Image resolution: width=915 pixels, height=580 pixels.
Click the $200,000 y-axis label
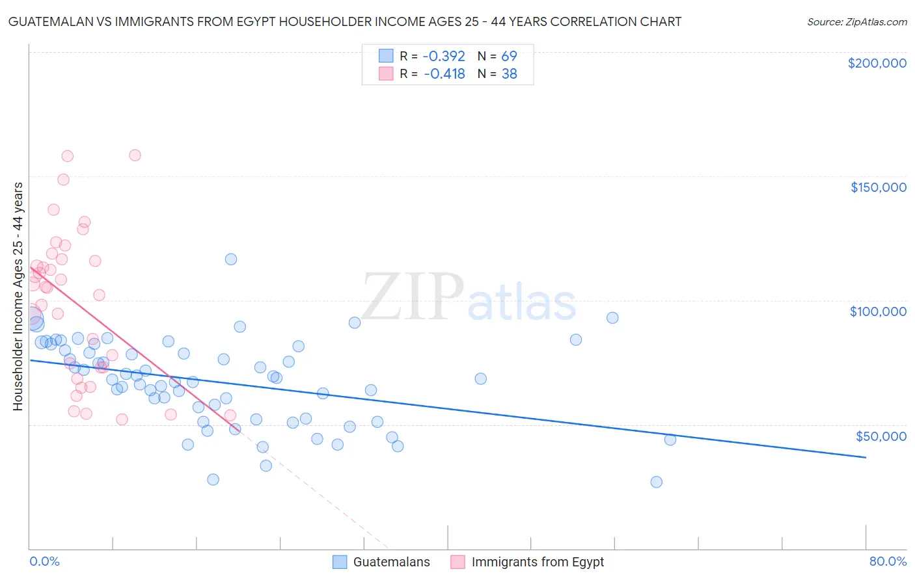pyautogui.click(x=877, y=63)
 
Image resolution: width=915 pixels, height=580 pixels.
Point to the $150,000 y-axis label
pyautogui.click(x=878, y=187)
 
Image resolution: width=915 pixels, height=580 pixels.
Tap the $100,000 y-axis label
pyautogui.click(x=878, y=311)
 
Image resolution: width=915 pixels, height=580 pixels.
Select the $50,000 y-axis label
pyautogui.click(x=881, y=436)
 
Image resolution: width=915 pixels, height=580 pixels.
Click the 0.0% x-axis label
pyautogui.click(x=44, y=561)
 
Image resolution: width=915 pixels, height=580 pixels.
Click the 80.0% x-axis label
pyautogui.click(x=888, y=561)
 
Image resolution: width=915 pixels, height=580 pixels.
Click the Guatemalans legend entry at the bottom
pyautogui.click(x=391, y=562)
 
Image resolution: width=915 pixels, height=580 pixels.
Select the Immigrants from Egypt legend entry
pyautogui.click(x=538, y=562)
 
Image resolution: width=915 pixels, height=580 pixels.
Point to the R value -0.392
pyautogui.click(x=444, y=56)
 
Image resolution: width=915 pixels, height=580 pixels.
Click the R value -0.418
pyautogui.click(x=444, y=73)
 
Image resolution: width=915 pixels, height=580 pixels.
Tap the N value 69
pyautogui.click(x=509, y=56)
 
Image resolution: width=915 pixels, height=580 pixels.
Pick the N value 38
pyautogui.click(x=509, y=73)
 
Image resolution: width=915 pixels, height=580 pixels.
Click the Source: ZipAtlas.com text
pyautogui.click(x=856, y=22)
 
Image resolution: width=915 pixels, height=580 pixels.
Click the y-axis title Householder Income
pyautogui.click(x=18, y=296)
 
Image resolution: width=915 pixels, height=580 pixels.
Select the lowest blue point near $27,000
pyautogui.click(x=656, y=482)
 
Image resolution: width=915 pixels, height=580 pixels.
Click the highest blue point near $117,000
pyautogui.click(x=230, y=259)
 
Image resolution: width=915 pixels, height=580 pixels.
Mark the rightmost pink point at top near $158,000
pyautogui.click(x=135, y=155)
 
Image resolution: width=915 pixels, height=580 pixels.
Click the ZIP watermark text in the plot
pyautogui.click(x=413, y=297)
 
